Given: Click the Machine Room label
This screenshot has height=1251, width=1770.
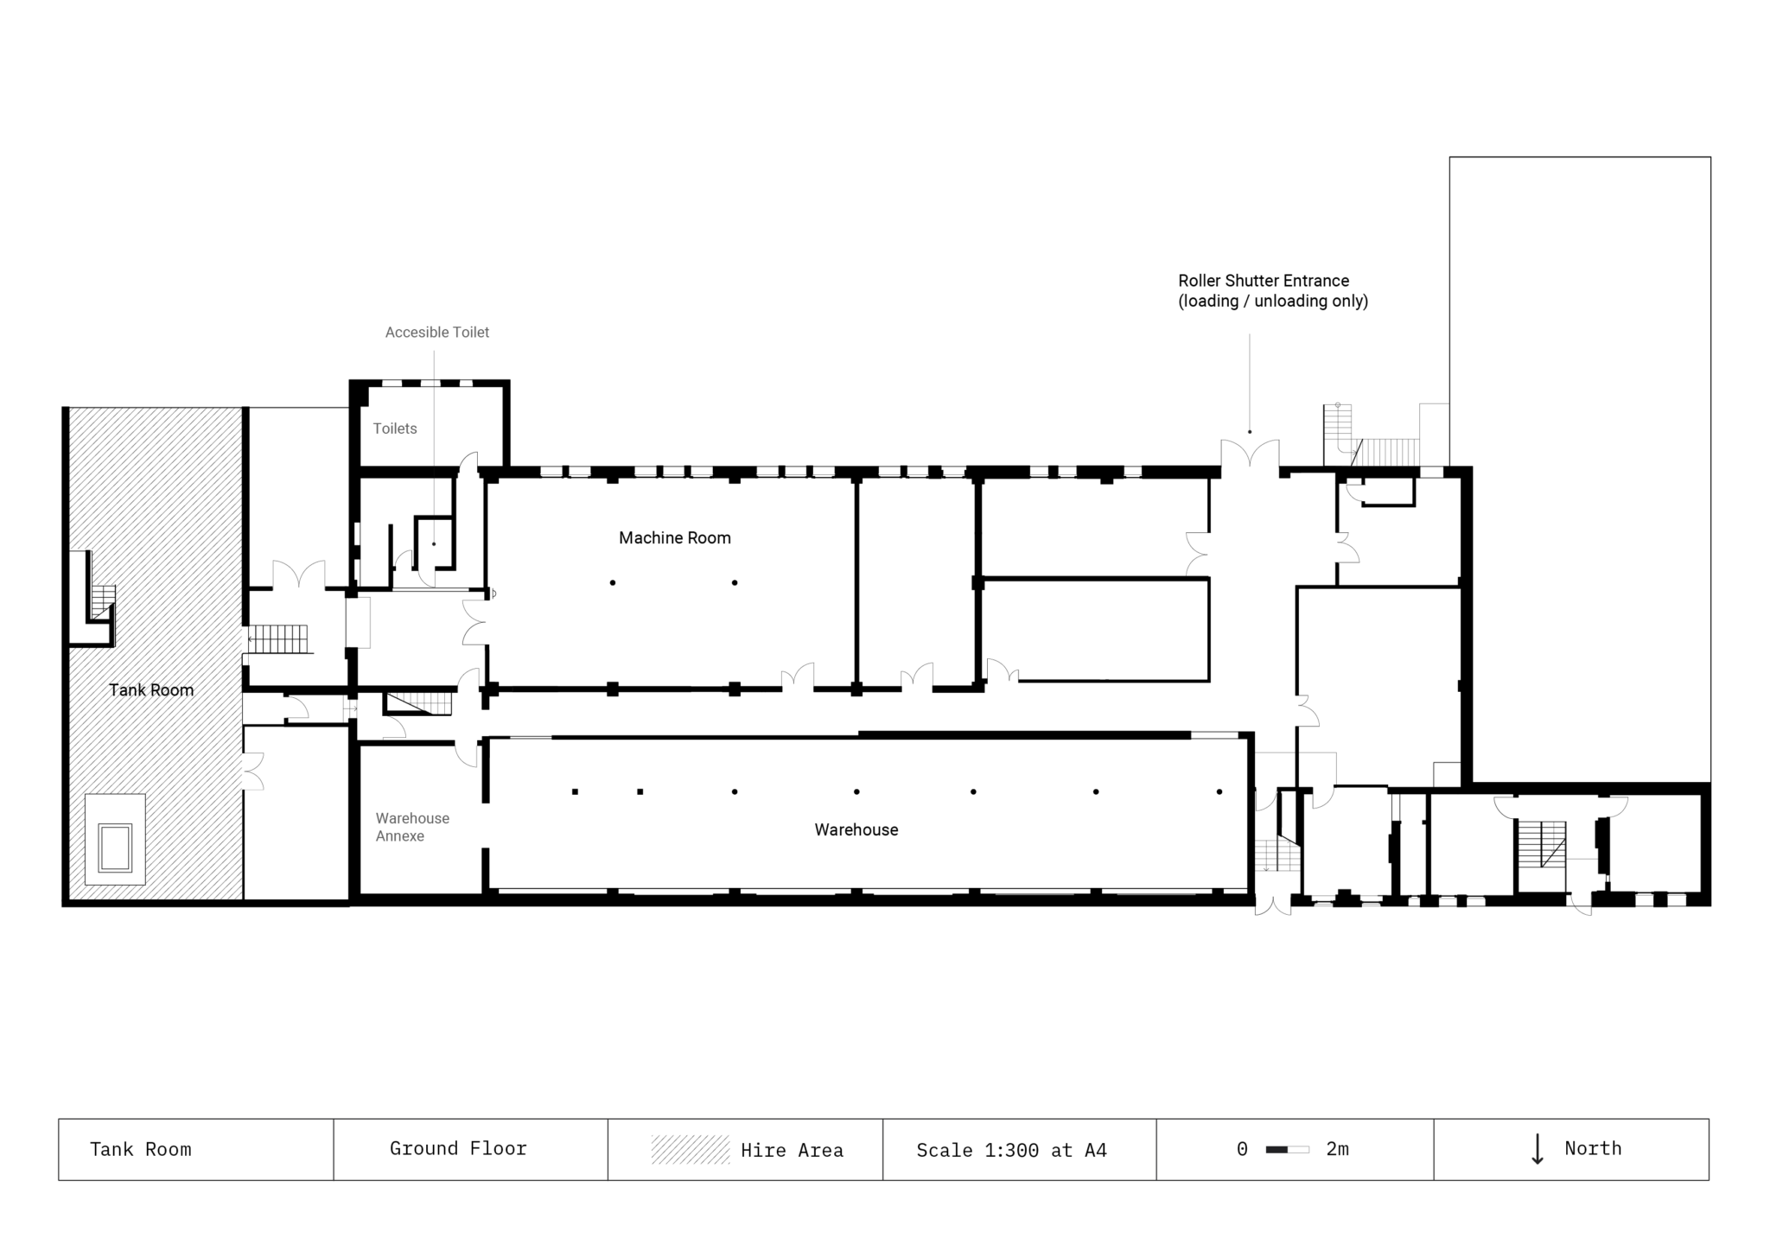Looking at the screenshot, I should [674, 538].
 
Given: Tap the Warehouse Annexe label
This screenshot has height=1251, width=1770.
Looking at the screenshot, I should [411, 827].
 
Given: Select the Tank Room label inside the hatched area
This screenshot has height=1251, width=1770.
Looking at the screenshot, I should [151, 689].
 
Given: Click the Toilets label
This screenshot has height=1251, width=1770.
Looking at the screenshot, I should [395, 429].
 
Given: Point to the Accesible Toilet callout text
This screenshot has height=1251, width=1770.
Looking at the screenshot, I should [436, 332].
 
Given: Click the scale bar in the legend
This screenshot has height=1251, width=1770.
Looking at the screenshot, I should [1287, 1149].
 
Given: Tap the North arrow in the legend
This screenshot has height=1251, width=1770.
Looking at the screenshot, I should [1537, 1149].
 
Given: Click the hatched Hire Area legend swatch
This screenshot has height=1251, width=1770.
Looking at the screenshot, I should [690, 1149].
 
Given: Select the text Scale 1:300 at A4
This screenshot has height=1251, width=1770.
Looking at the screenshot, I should [1011, 1150].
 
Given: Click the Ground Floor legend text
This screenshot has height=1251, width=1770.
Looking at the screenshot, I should [458, 1148].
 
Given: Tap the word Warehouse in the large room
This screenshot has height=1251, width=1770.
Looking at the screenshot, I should [856, 829].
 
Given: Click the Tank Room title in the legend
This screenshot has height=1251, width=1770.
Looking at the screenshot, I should [140, 1149].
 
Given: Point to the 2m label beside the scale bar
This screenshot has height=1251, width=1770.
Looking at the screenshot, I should [1337, 1149].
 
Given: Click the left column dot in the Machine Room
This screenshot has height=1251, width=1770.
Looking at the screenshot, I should [612, 583].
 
